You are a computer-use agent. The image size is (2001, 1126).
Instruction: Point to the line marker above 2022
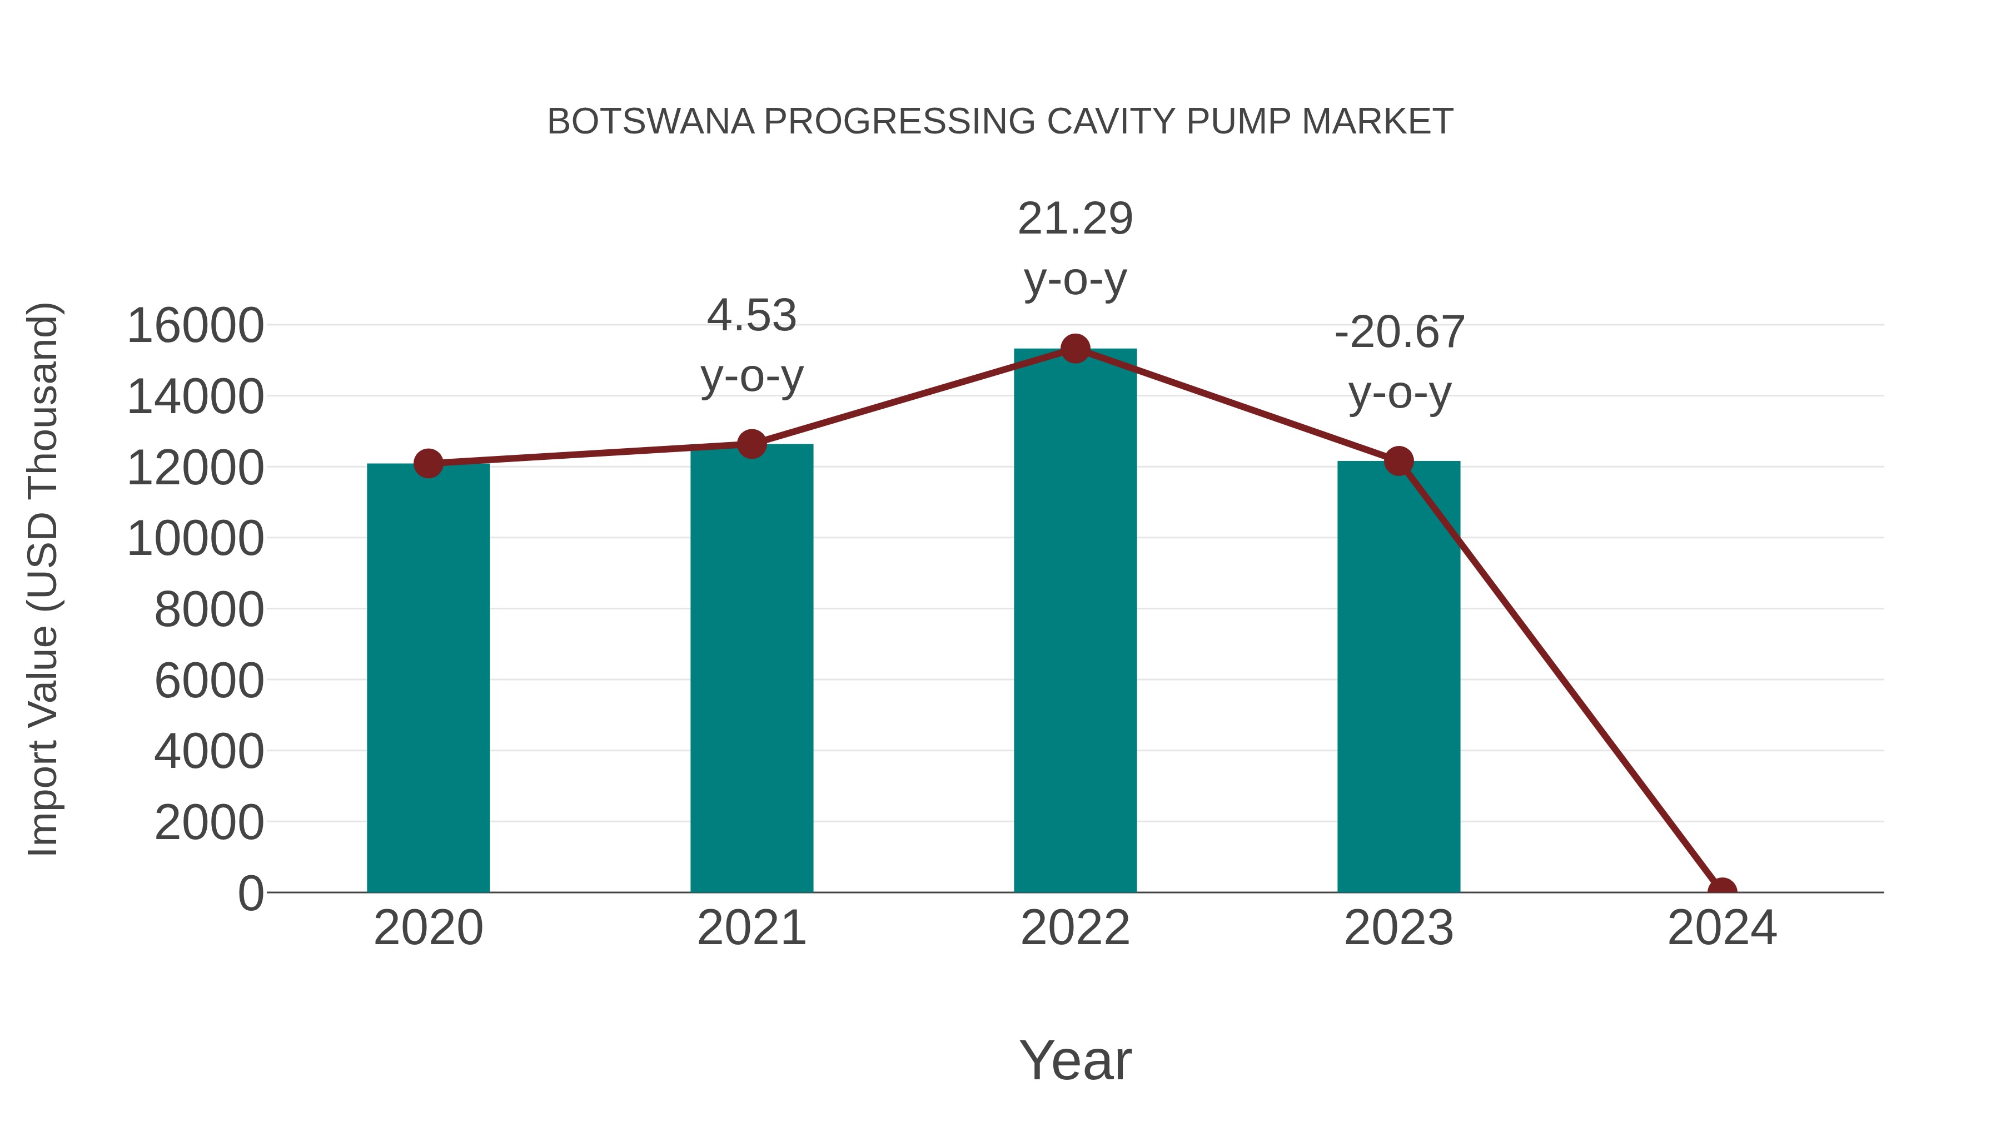pyautogui.click(x=1075, y=349)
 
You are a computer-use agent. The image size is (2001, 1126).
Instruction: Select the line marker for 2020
pyautogui.click(x=428, y=464)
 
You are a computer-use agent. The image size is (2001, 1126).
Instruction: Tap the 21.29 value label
pyautogui.click(x=1075, y=219)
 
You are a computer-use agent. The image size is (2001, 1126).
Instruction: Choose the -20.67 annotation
pyautogui.click(x=1399, y=333)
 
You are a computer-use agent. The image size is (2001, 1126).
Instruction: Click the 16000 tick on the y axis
pyautogui.click(x=195, y=326)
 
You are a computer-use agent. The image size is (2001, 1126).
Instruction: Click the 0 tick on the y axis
pyautogui.click(x=250, y=894)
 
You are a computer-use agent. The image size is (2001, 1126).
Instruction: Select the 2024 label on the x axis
pyautogui.click(x=1721, y=928)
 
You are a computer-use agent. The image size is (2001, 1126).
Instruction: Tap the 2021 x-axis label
pyautogui.click(x=751, y=928)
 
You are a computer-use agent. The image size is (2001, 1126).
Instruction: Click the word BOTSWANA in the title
pyautogui.click(x=650, y=122)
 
